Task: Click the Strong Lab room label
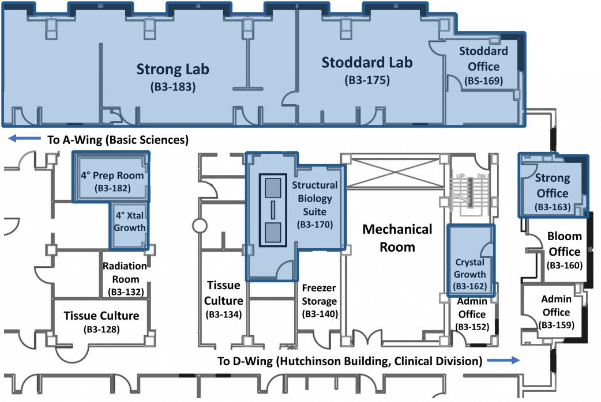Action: (172, 70)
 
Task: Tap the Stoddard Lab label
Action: (367, 62)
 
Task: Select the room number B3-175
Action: (367, 81)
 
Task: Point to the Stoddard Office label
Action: (483, 59)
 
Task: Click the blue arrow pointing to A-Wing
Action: (22, 139)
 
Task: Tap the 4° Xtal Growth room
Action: (129, 222)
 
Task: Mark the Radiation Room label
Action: (125, 272)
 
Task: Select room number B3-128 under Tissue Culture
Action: (101, 330)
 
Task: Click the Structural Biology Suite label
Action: (314, 199)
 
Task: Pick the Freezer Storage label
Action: (319, 294)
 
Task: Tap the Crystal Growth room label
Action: (470, 268)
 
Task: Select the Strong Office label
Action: (552, 185)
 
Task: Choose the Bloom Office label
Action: (564, 244)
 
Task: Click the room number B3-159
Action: (555, 325)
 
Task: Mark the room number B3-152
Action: (472, 327)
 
